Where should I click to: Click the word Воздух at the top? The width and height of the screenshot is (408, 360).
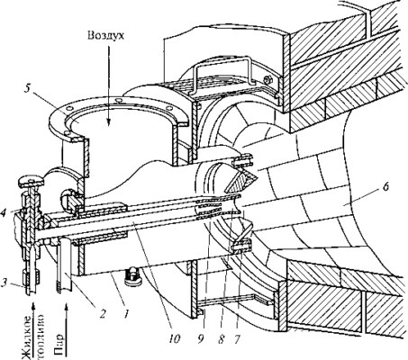105,36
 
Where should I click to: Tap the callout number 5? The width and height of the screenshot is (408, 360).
28,90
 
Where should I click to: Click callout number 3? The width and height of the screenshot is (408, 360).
5,282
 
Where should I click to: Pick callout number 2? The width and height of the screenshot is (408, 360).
103,314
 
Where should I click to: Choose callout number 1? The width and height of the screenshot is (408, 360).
127,314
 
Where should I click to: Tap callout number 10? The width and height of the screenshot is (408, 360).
175,338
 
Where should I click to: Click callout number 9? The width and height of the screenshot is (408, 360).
201,338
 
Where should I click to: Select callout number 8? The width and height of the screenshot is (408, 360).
222,338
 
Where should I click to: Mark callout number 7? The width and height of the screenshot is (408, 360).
237,338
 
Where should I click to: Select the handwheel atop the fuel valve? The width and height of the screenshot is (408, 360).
32,181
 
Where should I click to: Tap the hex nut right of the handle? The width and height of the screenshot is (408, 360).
267,79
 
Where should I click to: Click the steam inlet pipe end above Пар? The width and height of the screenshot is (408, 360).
65,288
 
